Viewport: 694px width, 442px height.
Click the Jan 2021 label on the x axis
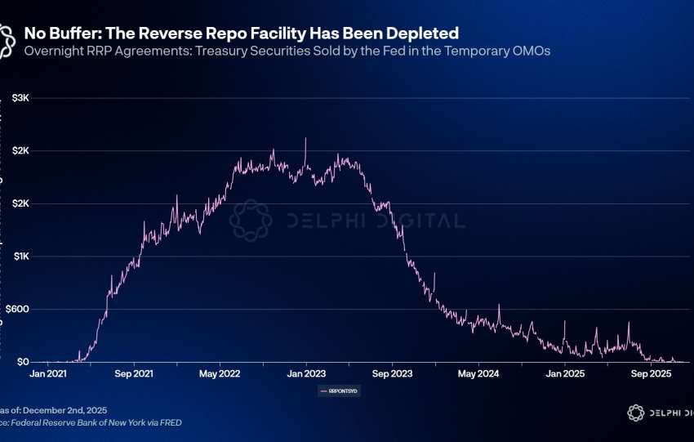(47, 374)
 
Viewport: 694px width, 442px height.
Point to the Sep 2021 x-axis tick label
(133, 374)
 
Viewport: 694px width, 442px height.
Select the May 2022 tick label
(219, 374)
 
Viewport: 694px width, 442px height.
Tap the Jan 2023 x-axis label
(305, 374)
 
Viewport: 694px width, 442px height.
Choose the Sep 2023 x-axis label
(392, 374)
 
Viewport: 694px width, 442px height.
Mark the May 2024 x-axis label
(478, 374)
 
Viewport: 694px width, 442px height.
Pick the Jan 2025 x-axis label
(564, 374)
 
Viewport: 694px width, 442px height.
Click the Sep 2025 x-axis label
(650, 374)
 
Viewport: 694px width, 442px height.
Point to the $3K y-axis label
(20, 98)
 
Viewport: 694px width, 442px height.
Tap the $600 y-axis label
(19, 309)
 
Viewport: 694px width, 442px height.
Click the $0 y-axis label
(23, 362)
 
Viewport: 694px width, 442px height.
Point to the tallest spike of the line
(305, 139)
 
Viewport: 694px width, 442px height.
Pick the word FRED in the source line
(169, 422)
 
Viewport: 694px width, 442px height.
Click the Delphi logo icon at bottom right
(636, 413)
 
